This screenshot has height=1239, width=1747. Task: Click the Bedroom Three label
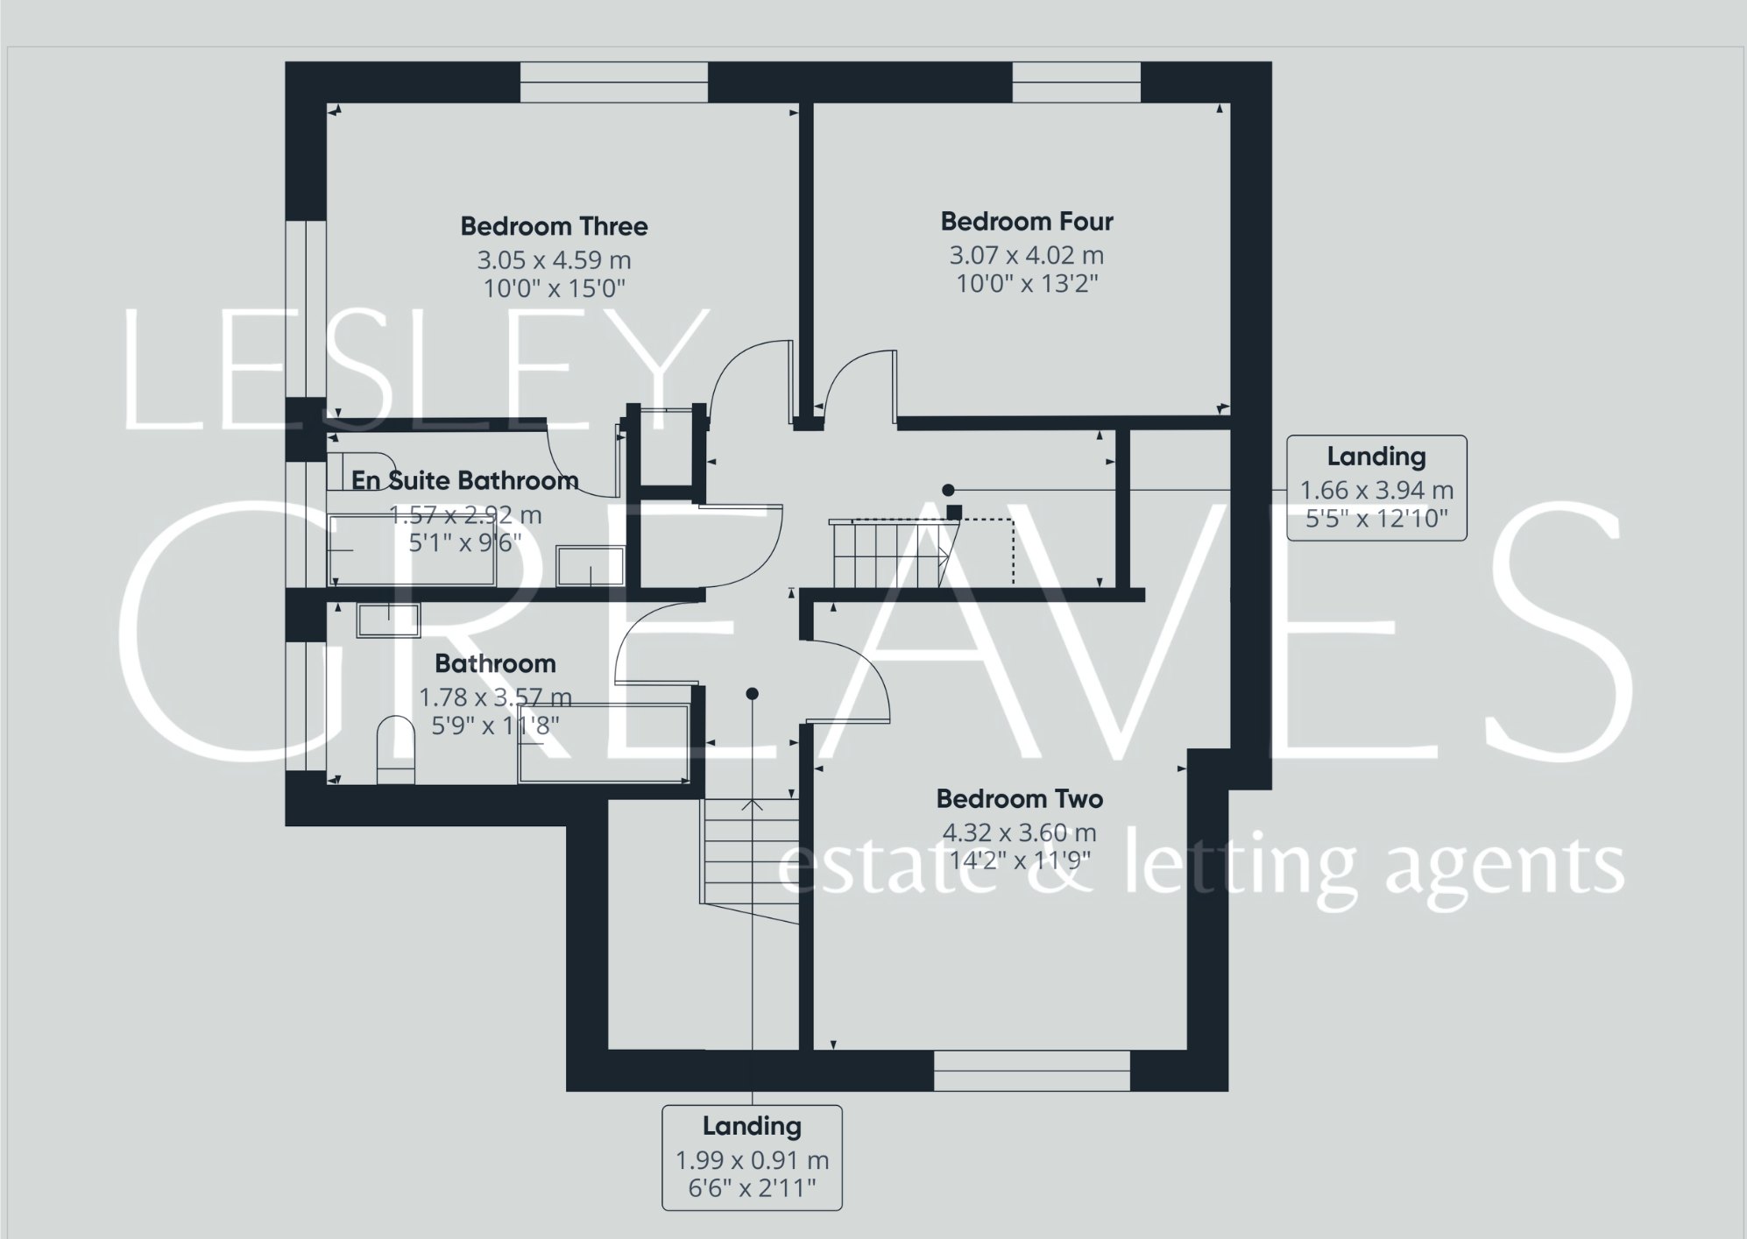point(554,226)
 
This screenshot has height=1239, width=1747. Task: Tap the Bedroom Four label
point(1027,222)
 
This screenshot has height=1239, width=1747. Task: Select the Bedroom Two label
point(1019,799)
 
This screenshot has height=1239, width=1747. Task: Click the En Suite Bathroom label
point(464,480)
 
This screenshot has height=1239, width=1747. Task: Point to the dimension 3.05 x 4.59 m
point(554,260)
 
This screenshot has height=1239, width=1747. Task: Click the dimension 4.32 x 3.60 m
point(1019,832)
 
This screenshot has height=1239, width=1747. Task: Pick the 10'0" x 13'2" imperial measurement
point(1027,284)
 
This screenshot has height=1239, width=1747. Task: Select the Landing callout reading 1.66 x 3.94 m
point(1376,488)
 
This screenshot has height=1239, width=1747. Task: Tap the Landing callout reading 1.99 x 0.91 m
point(752,1158)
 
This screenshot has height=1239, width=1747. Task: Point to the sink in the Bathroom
point(388,619)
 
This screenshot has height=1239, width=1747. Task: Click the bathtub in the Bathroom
point(603,742)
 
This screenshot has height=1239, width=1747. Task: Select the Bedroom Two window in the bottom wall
point(1031,1070)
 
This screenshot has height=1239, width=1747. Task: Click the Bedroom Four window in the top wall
point(1076,82)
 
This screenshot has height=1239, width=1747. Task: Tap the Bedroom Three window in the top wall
point(613,82)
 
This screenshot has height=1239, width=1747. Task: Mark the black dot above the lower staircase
point(752,694)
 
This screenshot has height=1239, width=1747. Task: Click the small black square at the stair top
point(954,512)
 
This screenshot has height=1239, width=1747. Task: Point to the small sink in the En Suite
point(590,565)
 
